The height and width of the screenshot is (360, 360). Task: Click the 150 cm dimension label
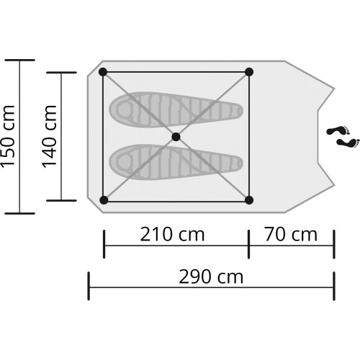click(9, 137)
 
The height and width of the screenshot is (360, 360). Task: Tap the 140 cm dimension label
click(50, 137)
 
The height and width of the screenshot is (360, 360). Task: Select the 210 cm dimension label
click(172, 234)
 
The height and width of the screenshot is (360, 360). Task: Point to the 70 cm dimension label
click(291, 234)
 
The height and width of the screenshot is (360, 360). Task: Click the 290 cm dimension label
click(211, 277)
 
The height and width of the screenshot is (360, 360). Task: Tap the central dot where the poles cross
click(176, 137)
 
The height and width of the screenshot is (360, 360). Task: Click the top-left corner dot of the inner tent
click(103, 72)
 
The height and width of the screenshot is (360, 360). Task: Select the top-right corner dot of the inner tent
click(249, 72)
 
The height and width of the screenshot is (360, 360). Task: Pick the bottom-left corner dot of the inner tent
click(104, 200)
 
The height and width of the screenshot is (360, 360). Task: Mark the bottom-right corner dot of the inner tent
click(249, 200)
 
